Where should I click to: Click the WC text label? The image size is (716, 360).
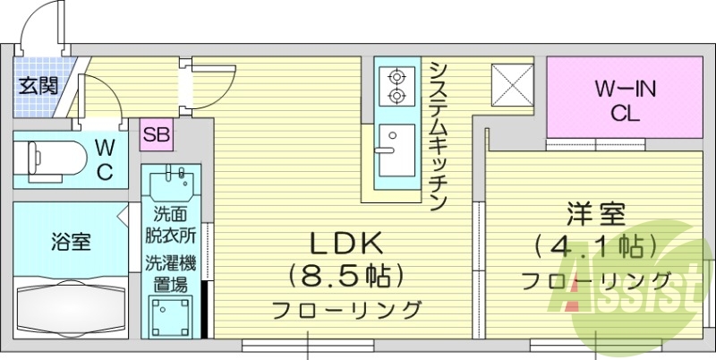click(x=105, y=159)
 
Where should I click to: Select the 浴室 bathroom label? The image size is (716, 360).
click(x=69, y=241)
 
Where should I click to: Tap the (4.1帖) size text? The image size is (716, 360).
click(x=596, y=245)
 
